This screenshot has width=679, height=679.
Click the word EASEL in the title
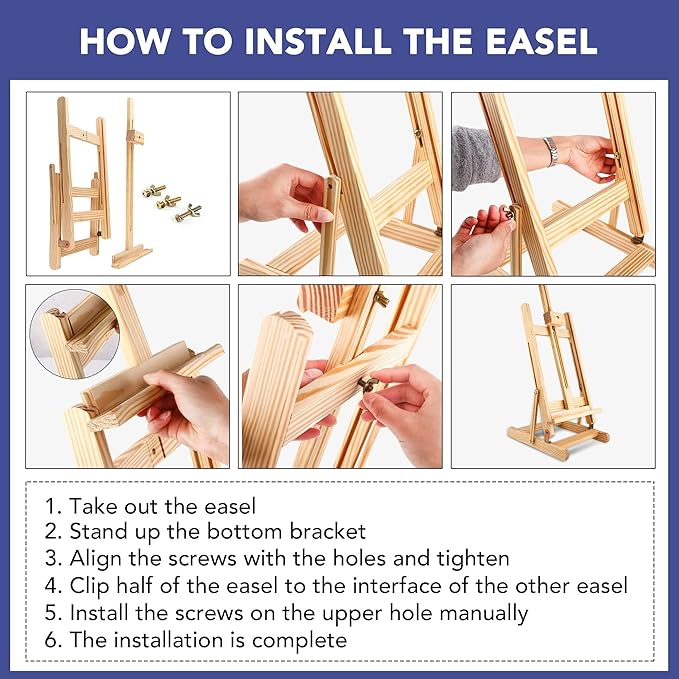point(541,41)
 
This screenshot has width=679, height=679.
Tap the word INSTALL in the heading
point(318,41)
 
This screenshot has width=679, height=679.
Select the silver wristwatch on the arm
point(551,152)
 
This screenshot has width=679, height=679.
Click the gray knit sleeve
point(476,158)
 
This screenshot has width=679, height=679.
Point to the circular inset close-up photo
point(74,333)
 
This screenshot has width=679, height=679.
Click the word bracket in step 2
point(328,531)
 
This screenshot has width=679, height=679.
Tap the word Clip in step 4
point(89,586)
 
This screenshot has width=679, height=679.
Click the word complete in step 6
point(300,640)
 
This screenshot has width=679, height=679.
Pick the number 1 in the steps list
point(52,506)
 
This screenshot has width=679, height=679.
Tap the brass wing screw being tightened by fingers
point(367,384)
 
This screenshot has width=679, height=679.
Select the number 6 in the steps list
point(52,640)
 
